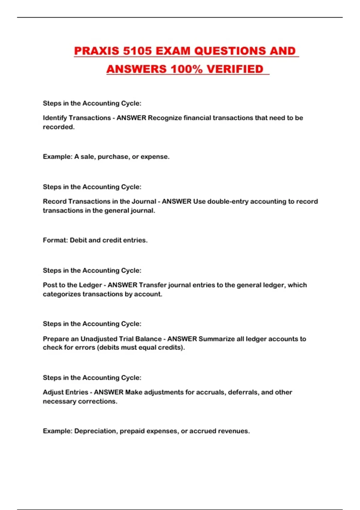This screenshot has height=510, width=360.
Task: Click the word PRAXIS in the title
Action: point(97,51)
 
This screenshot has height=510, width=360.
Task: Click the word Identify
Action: point(55,118)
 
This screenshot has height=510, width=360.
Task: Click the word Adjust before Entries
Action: point(52,392)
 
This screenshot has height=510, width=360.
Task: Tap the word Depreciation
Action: point(96,431)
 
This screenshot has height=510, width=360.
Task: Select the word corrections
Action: point(98,401)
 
